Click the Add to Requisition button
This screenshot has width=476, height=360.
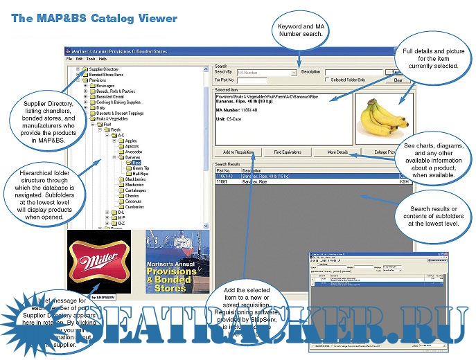[238, 152]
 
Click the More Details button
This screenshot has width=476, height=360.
[337, 152]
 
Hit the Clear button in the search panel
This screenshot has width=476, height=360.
[398, 80]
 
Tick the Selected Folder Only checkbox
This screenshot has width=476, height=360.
[328, 80]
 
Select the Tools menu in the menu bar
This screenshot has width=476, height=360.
[90, 60]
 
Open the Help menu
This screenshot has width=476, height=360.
[103, 60]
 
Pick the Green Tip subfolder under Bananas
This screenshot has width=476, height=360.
[141, 168]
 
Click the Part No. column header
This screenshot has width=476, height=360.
[224, 170]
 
